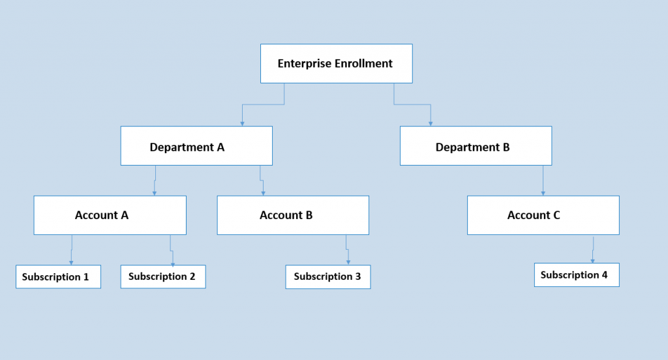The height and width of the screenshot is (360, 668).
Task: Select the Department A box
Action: point(196,145)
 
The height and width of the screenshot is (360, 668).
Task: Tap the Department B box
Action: point(476,145)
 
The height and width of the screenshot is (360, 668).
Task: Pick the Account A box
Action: point(110,215)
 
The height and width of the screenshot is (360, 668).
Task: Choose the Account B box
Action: point(293,215)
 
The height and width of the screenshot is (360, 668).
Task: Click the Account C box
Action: point(543,215)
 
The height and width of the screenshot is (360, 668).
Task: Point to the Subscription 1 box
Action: point(59,277)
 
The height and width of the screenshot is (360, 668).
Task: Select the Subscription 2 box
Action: point(163,277)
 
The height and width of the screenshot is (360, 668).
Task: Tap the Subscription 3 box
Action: point(327,277)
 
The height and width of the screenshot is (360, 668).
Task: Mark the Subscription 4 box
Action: point(577,275)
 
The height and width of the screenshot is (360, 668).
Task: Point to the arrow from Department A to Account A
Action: point(155,179)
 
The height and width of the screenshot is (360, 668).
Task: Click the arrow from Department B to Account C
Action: point(543,180)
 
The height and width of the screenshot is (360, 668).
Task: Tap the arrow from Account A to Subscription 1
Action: point(71,249)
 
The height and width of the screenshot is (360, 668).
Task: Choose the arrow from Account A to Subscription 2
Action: point(172,250)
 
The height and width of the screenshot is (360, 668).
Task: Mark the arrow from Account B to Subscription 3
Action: point(347,250)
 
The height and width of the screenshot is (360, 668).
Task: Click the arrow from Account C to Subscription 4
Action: point(593,249)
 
